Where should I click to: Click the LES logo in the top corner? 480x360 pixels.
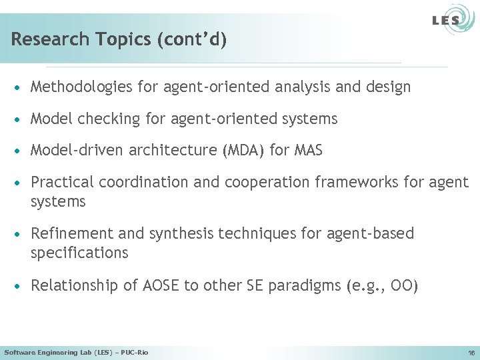point(449,21)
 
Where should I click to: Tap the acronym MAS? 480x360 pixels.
point(307,151)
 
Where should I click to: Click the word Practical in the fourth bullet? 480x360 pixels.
point(59,182)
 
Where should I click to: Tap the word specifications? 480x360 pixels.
point(79,253)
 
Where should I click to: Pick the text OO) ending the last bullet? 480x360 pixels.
point(405,286)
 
